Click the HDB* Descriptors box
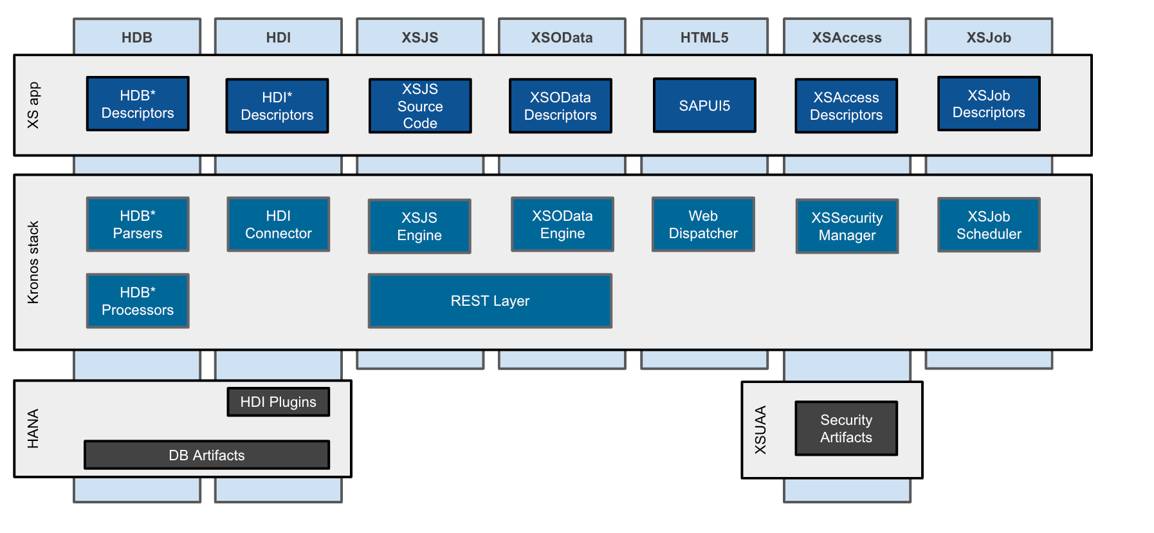pos(138,104)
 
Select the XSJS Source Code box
pos(420,106)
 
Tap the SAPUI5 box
pos(704,106)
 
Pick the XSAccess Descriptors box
pos(846,106)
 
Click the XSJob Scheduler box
pos(989,225)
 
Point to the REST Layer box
pos(490,301)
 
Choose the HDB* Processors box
pos(138,301)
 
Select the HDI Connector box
pos(279,224)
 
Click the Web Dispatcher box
pos(703,224)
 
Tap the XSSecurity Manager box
pos(847,226)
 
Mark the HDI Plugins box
pos(279,402)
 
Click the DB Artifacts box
pos(206,455)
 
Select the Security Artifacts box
pos(846,428)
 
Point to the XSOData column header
pos(562,37)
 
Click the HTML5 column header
pos(704,37)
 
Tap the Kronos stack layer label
pos(33,262)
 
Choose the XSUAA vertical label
pos(760,430)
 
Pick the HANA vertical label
pos(33,429)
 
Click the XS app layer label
pos(33,105)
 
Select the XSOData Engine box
pos(562,224)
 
